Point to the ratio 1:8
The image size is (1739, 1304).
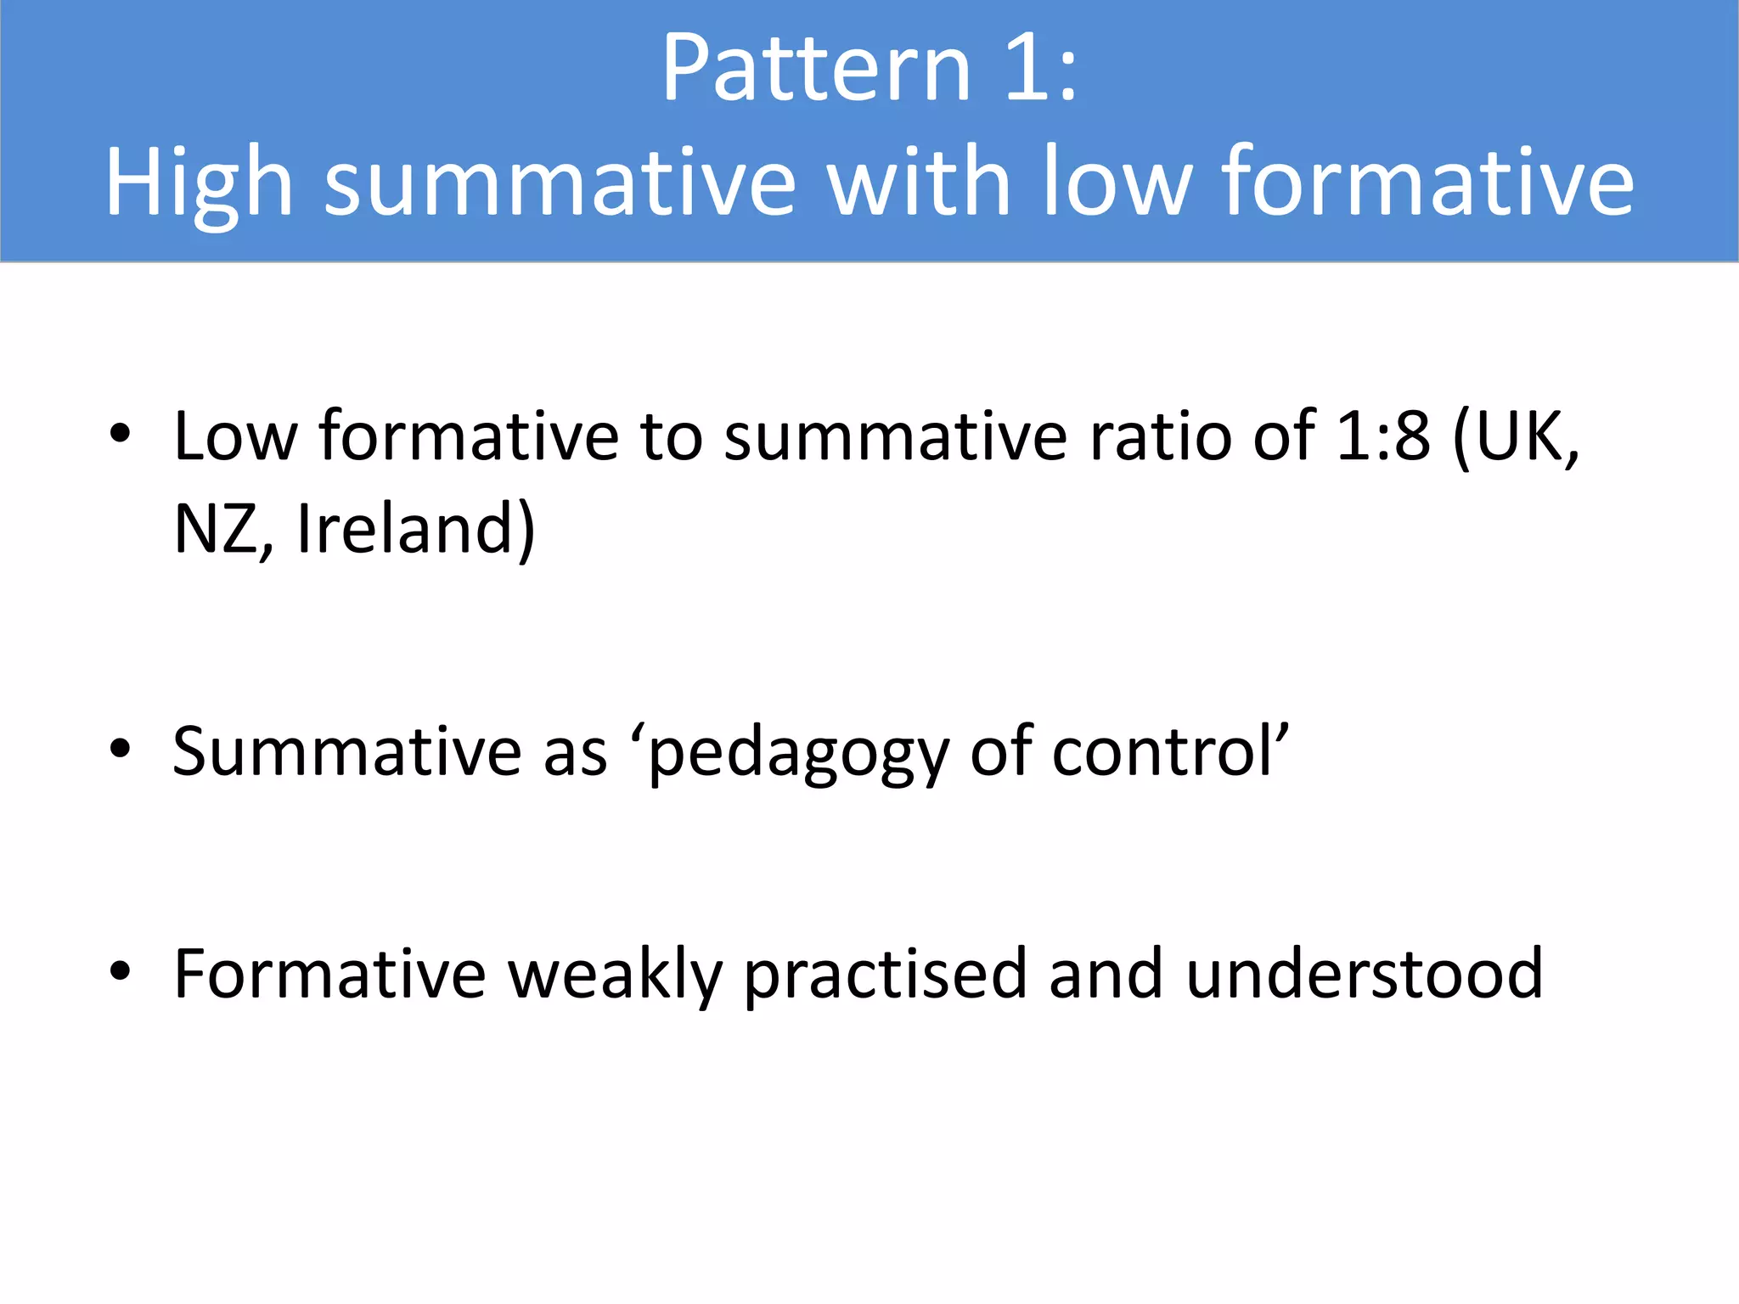click(x=1383, y=436)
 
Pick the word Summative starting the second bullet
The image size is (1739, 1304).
click(x=346, y=752)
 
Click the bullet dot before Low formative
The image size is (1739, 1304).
click(x=120, y=433)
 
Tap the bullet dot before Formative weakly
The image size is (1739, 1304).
click(x=120, y=970)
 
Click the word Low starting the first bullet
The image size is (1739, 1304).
click(x=235, y=436)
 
